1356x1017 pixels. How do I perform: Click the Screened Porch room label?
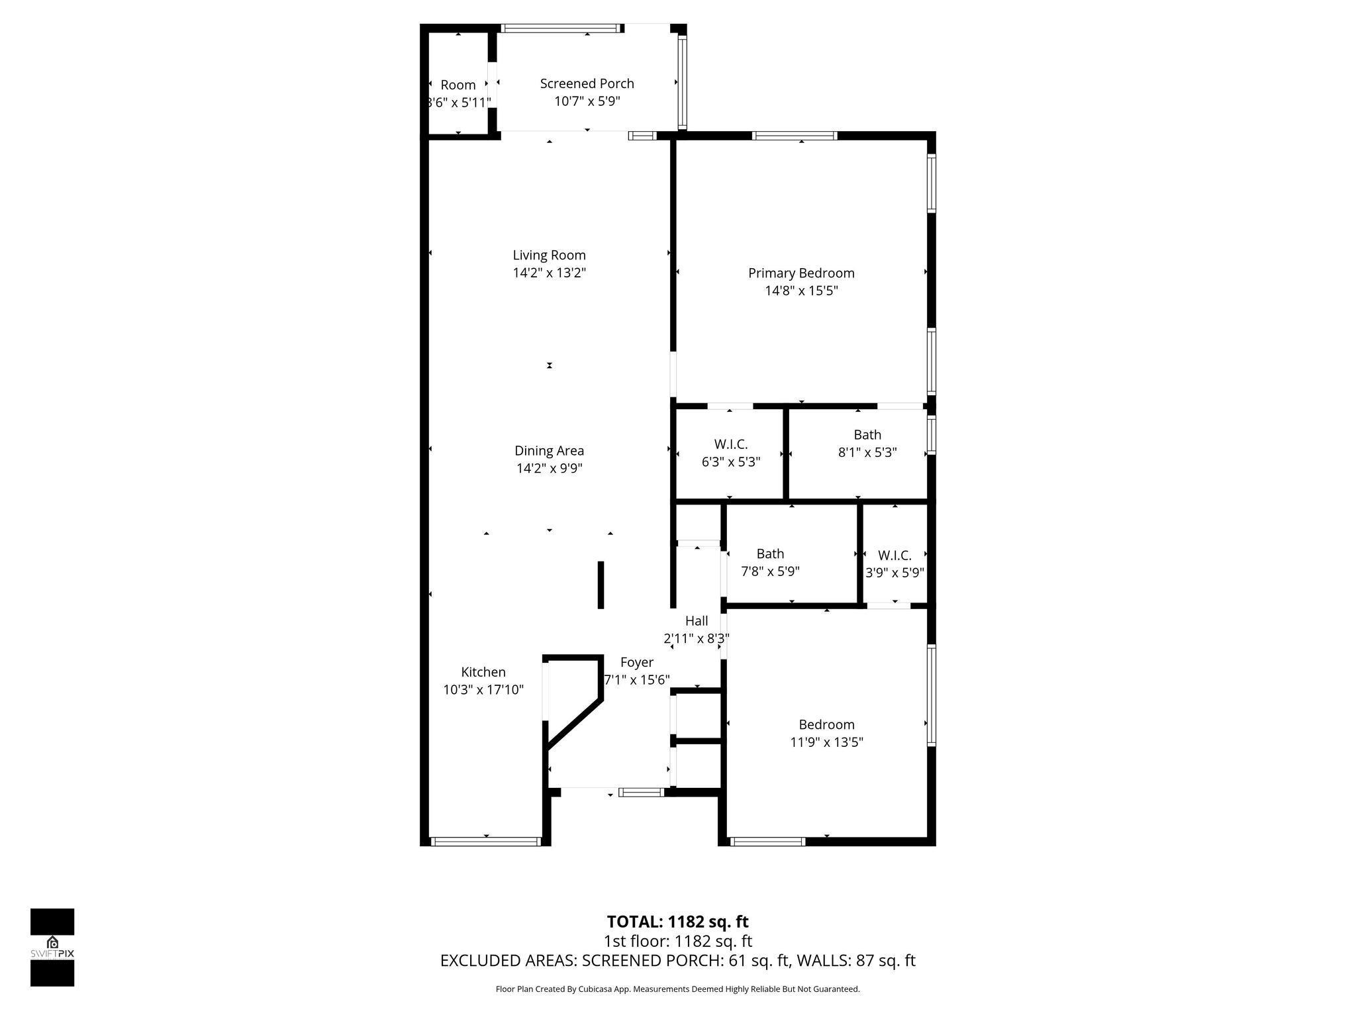[x=587, y=83]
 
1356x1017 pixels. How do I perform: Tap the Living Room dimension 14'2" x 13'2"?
[x=549, y=273]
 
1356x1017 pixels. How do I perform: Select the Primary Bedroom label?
[x=801, y=273]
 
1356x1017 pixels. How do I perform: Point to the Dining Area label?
[x=549, y=451]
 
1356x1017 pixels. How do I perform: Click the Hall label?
[x=697, y=621]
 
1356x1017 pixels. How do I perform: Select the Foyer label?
[x=636, y=663]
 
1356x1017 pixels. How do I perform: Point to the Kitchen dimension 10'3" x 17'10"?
[x=483, y=690]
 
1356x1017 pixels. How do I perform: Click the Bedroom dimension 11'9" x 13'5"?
[x=826, y=742]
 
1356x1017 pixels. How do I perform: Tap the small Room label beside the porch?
[x=458, y=85]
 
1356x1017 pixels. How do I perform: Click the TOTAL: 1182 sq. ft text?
[x=677, y=922]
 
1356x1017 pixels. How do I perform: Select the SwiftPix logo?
[x=52, y=947]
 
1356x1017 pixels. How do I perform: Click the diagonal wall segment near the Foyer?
[x=573, y=724]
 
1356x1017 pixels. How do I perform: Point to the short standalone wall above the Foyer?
[x=601, y=585]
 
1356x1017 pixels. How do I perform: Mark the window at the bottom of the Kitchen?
[x=486, y=842]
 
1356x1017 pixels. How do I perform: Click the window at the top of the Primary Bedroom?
[x=795, y=136]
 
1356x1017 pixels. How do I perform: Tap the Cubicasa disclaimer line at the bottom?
[x=677, y=989]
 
